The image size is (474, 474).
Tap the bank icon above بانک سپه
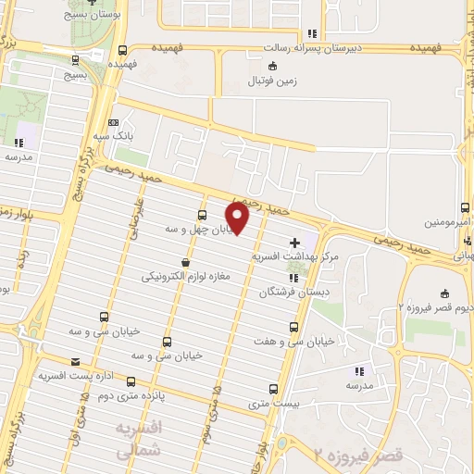pyautogui.click(x=113, y=122)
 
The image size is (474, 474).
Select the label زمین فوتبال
pyautogui.click(x=269, y=81)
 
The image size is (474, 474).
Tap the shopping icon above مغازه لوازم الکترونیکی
pyautogui.click(x=186, y=263)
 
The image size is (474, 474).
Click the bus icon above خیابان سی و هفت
pyautogui.click(x=293, y=328)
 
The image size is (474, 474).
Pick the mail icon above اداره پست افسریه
pyautogui.click(x=75, y=361)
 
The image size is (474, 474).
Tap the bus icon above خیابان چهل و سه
pyautogui.click(x=202, y=215)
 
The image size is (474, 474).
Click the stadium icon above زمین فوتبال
pyautogui.click(x=270, y=66)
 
